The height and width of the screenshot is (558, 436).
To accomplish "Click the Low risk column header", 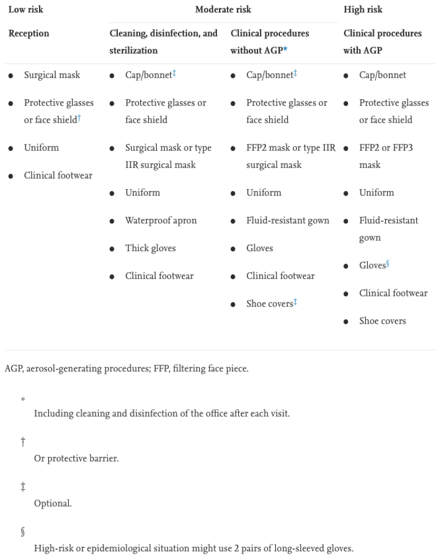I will [25, 10].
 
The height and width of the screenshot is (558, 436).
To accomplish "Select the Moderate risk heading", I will [223, 10].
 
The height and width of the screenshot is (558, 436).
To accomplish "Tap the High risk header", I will [363, 10].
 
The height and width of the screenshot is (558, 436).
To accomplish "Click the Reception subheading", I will [29, 33].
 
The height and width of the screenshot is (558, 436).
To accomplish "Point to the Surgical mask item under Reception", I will [52, 75].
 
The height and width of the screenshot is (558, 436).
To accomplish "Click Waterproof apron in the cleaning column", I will [161, 221].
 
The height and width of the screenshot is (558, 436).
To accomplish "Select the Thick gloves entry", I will [150, 248].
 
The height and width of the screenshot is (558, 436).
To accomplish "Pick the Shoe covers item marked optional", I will [270, 304].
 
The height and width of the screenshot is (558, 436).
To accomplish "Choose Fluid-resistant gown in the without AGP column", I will [287, 221].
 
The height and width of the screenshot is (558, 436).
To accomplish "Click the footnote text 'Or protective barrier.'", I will [76, 458].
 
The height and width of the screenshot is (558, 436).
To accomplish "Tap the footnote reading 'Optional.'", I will [53, 503].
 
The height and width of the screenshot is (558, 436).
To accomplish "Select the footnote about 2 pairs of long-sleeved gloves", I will [194, 548].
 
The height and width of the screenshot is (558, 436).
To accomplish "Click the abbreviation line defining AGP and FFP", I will [127, 368].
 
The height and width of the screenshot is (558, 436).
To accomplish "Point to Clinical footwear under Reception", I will [58, 175].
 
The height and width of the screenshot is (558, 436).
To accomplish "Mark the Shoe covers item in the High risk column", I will [382, 321].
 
